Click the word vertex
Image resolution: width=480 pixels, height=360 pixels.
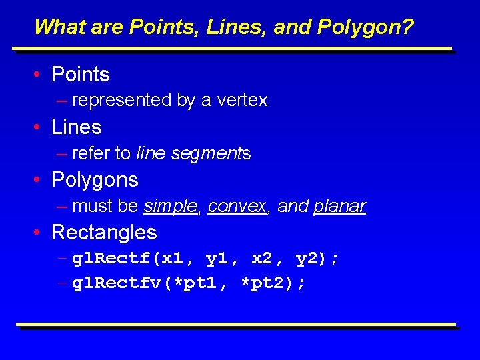pos(243,101)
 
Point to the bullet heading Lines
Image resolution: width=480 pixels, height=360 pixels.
pos(76,127)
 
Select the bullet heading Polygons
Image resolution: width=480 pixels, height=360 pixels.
pos(95,180)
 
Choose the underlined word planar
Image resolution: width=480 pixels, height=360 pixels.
pos(339,207)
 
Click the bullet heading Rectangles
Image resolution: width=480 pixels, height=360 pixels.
pos(104,233)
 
